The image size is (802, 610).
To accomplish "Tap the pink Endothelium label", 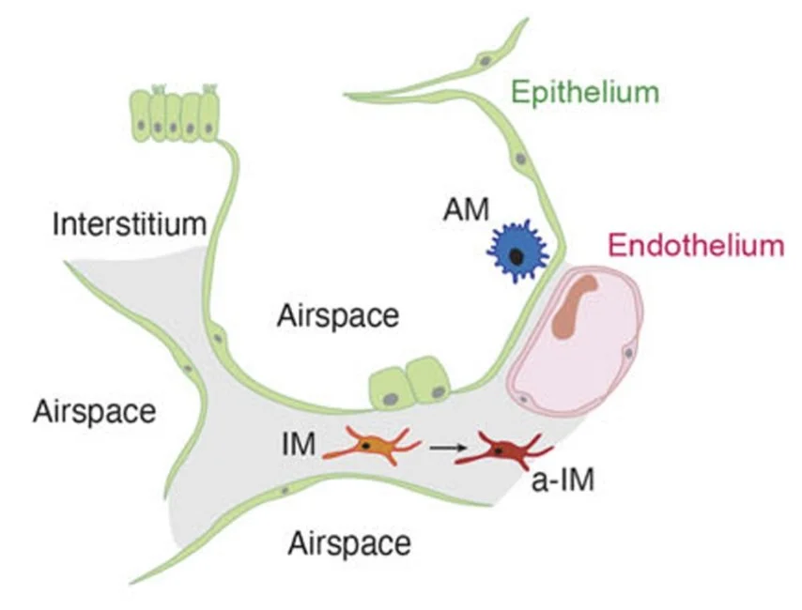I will pyautogui.click(x=695, y=246).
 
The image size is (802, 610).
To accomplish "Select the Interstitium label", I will pyautogui.click(x=129, y=224).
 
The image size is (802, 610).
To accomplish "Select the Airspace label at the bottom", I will pyautogui.click(x=349, y=541).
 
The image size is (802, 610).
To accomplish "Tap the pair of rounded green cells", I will pyautogui.click(x=407, y=383).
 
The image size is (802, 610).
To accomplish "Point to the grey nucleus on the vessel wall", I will pyautogui.click(x=628, y=352).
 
